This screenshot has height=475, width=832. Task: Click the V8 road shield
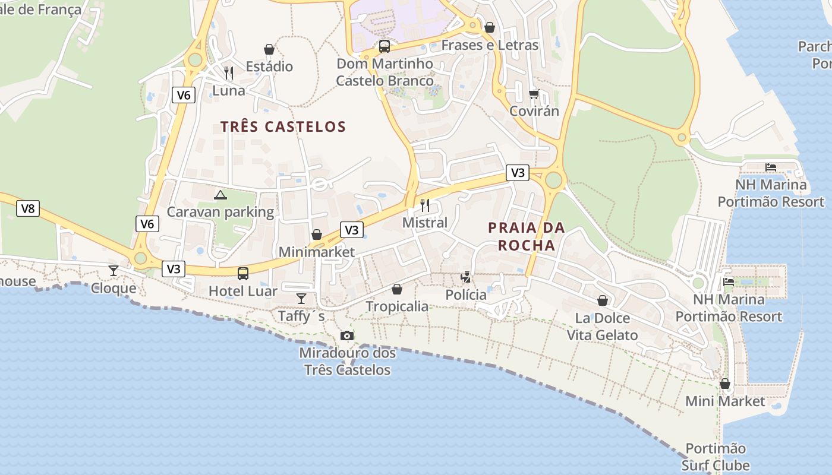(28, 208)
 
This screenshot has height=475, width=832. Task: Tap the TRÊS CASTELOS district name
(283, 126)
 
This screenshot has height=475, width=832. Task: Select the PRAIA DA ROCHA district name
(527, 236)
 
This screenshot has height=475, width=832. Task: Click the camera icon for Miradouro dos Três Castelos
(347, 335)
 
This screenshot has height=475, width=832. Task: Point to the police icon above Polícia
(467, 277)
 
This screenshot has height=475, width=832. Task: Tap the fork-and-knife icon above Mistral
(425, 205)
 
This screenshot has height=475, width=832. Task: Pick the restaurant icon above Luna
(229, 73)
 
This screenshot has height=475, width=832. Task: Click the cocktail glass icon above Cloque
(113, 271)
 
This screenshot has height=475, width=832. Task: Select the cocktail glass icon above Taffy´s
(301, 298)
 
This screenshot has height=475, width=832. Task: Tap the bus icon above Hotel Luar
(243, 274)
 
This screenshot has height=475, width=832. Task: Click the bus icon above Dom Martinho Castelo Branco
(385, 46)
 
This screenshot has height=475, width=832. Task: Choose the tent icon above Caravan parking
(220, 194)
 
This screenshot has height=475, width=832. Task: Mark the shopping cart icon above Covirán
(534, 94)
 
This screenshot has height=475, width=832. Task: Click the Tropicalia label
(397, 306)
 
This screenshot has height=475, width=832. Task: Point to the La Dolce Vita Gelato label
(602, 327)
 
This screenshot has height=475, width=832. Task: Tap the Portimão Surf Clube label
(716, 457)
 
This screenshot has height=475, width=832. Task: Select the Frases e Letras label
(490, 45)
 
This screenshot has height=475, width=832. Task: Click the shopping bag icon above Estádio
(269, 49)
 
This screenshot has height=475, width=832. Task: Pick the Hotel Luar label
(243, 291)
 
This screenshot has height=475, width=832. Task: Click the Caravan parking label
(220, 212)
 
